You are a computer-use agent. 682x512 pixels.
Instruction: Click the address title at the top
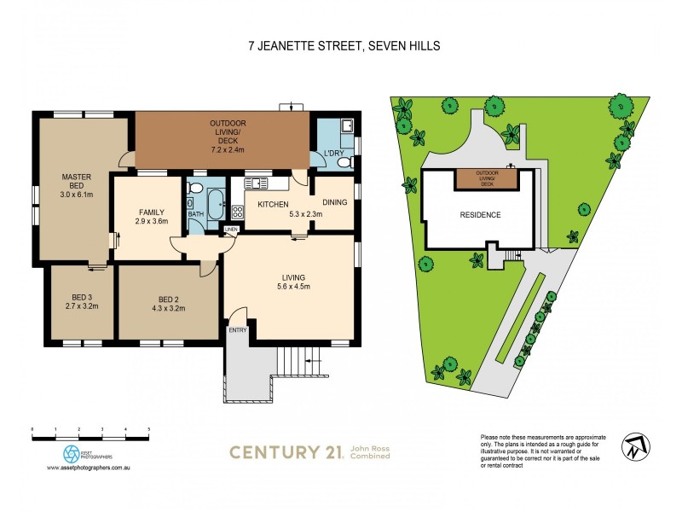341,46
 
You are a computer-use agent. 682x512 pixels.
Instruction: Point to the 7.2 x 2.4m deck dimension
222,149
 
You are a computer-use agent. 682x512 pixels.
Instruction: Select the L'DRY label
332,153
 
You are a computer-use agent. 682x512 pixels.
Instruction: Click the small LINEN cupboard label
231,230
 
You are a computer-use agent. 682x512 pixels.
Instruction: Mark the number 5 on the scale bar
149,428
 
